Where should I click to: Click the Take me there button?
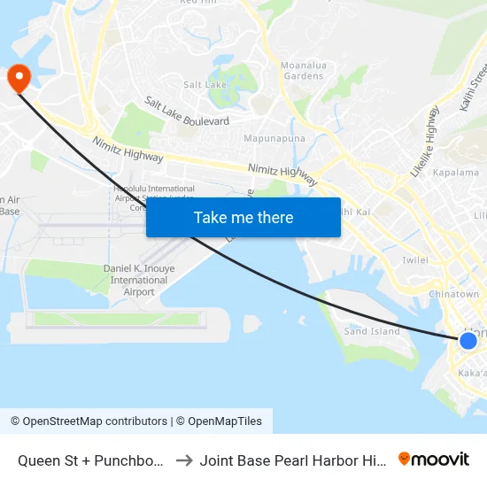tap(243, 217)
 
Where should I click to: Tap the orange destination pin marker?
tap(18, 78)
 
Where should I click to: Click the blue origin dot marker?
tap(468, 340)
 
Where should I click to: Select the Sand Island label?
tap(371, 331)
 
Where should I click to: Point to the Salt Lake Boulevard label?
tap(187, 112)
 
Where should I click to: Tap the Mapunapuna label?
tap(274, 138)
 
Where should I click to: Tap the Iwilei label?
tap(415, 260)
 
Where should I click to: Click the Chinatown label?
tap(452, 294)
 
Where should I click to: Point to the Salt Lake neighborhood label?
tap(205, 84)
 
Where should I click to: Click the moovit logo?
tap(434, 459)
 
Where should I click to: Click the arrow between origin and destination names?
tap(184, 460)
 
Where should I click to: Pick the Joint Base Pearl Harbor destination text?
tap(293, 460)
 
